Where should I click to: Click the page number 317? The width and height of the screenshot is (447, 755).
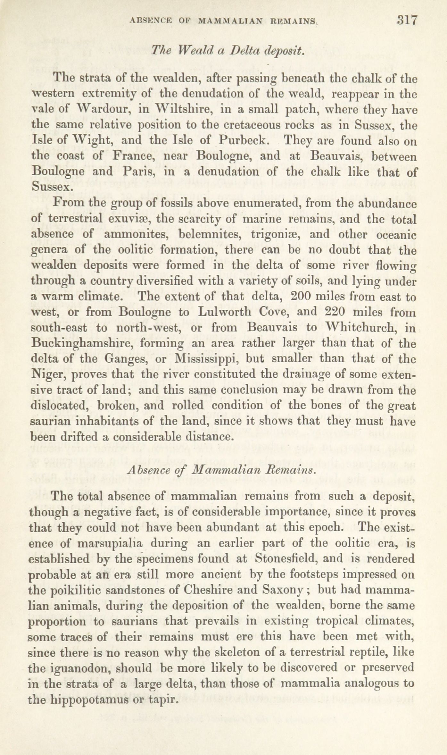click(x=407, y=20)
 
